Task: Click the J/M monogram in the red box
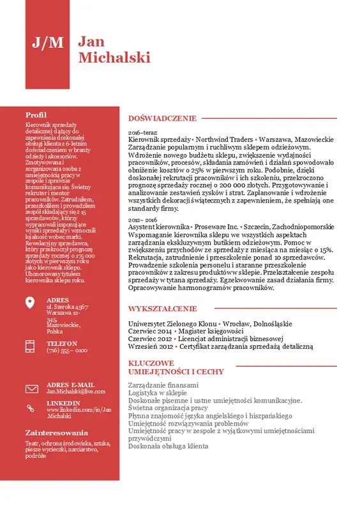pyautogui.click(x=48, y=42)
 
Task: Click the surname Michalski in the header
pyautogui.click(x=114, y=57)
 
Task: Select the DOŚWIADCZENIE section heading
pyautogui.click(x=162, y=118)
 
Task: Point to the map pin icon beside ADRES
pyautogui.click(x=31, y=303)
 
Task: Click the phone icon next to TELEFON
pyautogui.click(x=31, y=346)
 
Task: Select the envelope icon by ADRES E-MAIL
pyautogui.click(x=31, y=388)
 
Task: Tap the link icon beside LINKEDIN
pyautogui.click(x=31, y=408)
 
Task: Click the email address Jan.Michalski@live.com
pyautogui.click(x=75, y=391)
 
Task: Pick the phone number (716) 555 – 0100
pyautogui.click(x=67, y=351)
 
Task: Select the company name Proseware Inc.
pyautogui.click(x=216, y=227)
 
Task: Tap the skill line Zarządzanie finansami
pyautogui.click(x=163, y=385)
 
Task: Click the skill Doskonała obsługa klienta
pyautogui.click(x=168, y=446)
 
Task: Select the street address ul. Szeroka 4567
pyautogui.click(x=67, y=307)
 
